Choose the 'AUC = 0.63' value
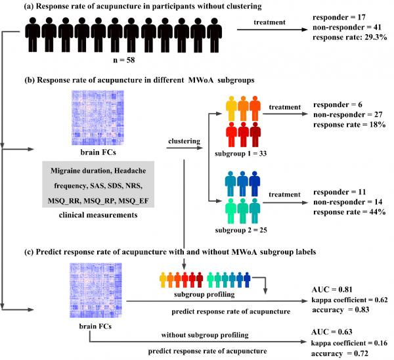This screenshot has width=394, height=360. (332, 334)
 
